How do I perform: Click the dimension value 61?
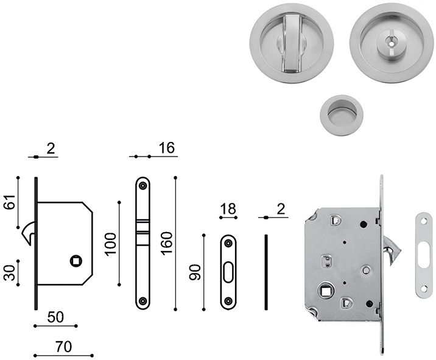[9, 202]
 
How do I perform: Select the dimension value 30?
[9, 273]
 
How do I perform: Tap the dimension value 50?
[55, 317]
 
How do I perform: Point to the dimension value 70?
[63, 347]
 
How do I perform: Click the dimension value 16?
[167, 148]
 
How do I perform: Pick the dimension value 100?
[110, 244]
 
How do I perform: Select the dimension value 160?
[167, 244]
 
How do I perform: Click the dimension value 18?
[228, 209]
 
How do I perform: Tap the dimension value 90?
[195, 272]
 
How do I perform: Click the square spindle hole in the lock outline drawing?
[76, 261]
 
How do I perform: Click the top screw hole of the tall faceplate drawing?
[143, 186]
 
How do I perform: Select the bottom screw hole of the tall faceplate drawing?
[143, 301]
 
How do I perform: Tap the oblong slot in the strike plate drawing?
[228, 272]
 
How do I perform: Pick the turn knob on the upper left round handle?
[292, 43]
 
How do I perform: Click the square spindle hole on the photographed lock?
[325, 291]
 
